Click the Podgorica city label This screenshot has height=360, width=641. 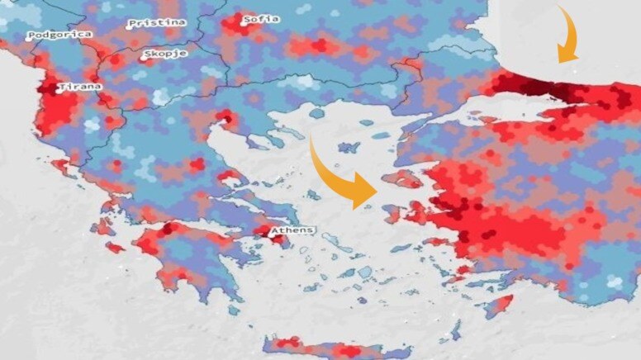[x=59, y=35]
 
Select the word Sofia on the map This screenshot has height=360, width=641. [x=262, y=18]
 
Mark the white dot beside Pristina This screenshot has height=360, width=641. [x=131, y=25]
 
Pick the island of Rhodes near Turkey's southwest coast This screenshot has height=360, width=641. [x=496, y=306]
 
